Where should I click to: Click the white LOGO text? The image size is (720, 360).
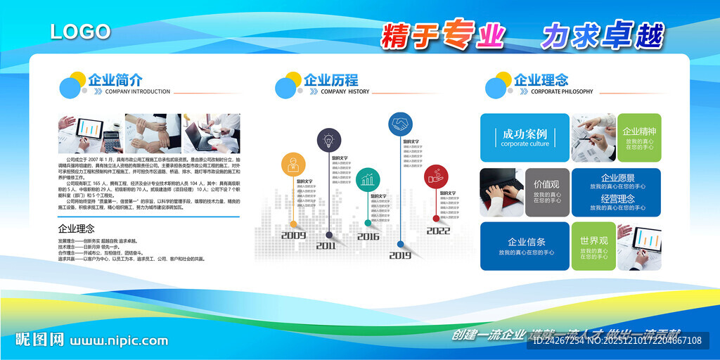point(80,32)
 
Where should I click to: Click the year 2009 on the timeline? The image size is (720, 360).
point(293,236)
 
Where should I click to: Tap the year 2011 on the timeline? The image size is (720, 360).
point(326,246)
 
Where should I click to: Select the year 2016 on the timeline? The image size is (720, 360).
point(368,237)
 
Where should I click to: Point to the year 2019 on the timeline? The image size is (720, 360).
point(400,255)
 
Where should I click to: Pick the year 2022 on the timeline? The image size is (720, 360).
point(438,231)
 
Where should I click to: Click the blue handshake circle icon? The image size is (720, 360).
point(401,124)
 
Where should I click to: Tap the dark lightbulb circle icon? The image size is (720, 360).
point(328,140)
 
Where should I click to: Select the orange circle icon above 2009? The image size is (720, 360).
point(293,165)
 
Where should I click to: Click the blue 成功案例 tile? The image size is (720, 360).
point(525,137)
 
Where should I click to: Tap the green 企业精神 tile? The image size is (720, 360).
point(639,137)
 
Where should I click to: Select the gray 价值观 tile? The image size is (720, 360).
point(546,192)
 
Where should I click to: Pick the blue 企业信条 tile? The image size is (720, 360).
point(525,246)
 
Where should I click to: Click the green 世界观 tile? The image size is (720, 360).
point(593,246)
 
